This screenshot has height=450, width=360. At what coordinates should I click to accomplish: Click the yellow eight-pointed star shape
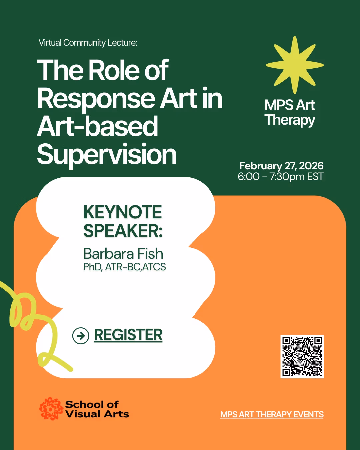[295, 65]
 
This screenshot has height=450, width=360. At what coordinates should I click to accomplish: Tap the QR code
[302, 356]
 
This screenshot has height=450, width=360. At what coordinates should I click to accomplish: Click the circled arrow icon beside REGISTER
[81, 335]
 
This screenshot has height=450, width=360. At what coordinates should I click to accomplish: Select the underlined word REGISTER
[128, 335]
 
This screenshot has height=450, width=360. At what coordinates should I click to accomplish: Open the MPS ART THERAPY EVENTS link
[272, 414]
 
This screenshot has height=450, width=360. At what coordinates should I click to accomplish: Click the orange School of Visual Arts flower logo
[51, 409]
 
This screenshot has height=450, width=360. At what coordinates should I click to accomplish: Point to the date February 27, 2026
[281, 166]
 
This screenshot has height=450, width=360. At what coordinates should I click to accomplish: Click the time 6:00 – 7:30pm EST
[280, 176]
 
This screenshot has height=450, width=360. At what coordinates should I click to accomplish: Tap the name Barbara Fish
[123, 254]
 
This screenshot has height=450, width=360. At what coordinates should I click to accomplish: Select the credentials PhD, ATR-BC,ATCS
[124, 267]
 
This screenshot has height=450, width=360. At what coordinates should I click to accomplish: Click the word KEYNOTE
[122, 212]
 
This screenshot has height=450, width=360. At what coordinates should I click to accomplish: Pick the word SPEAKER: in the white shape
[123, 231]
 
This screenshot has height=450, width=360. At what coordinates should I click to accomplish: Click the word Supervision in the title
[107, 155]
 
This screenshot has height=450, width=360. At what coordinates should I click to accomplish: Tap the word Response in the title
[96, 99]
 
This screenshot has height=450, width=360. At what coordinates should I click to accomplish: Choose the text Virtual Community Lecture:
[88, 43]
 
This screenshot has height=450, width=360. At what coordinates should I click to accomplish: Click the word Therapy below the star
[290, 120]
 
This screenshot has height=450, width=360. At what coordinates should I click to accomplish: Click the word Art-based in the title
[97, 127]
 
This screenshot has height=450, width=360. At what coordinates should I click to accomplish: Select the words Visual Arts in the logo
[97, 414]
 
